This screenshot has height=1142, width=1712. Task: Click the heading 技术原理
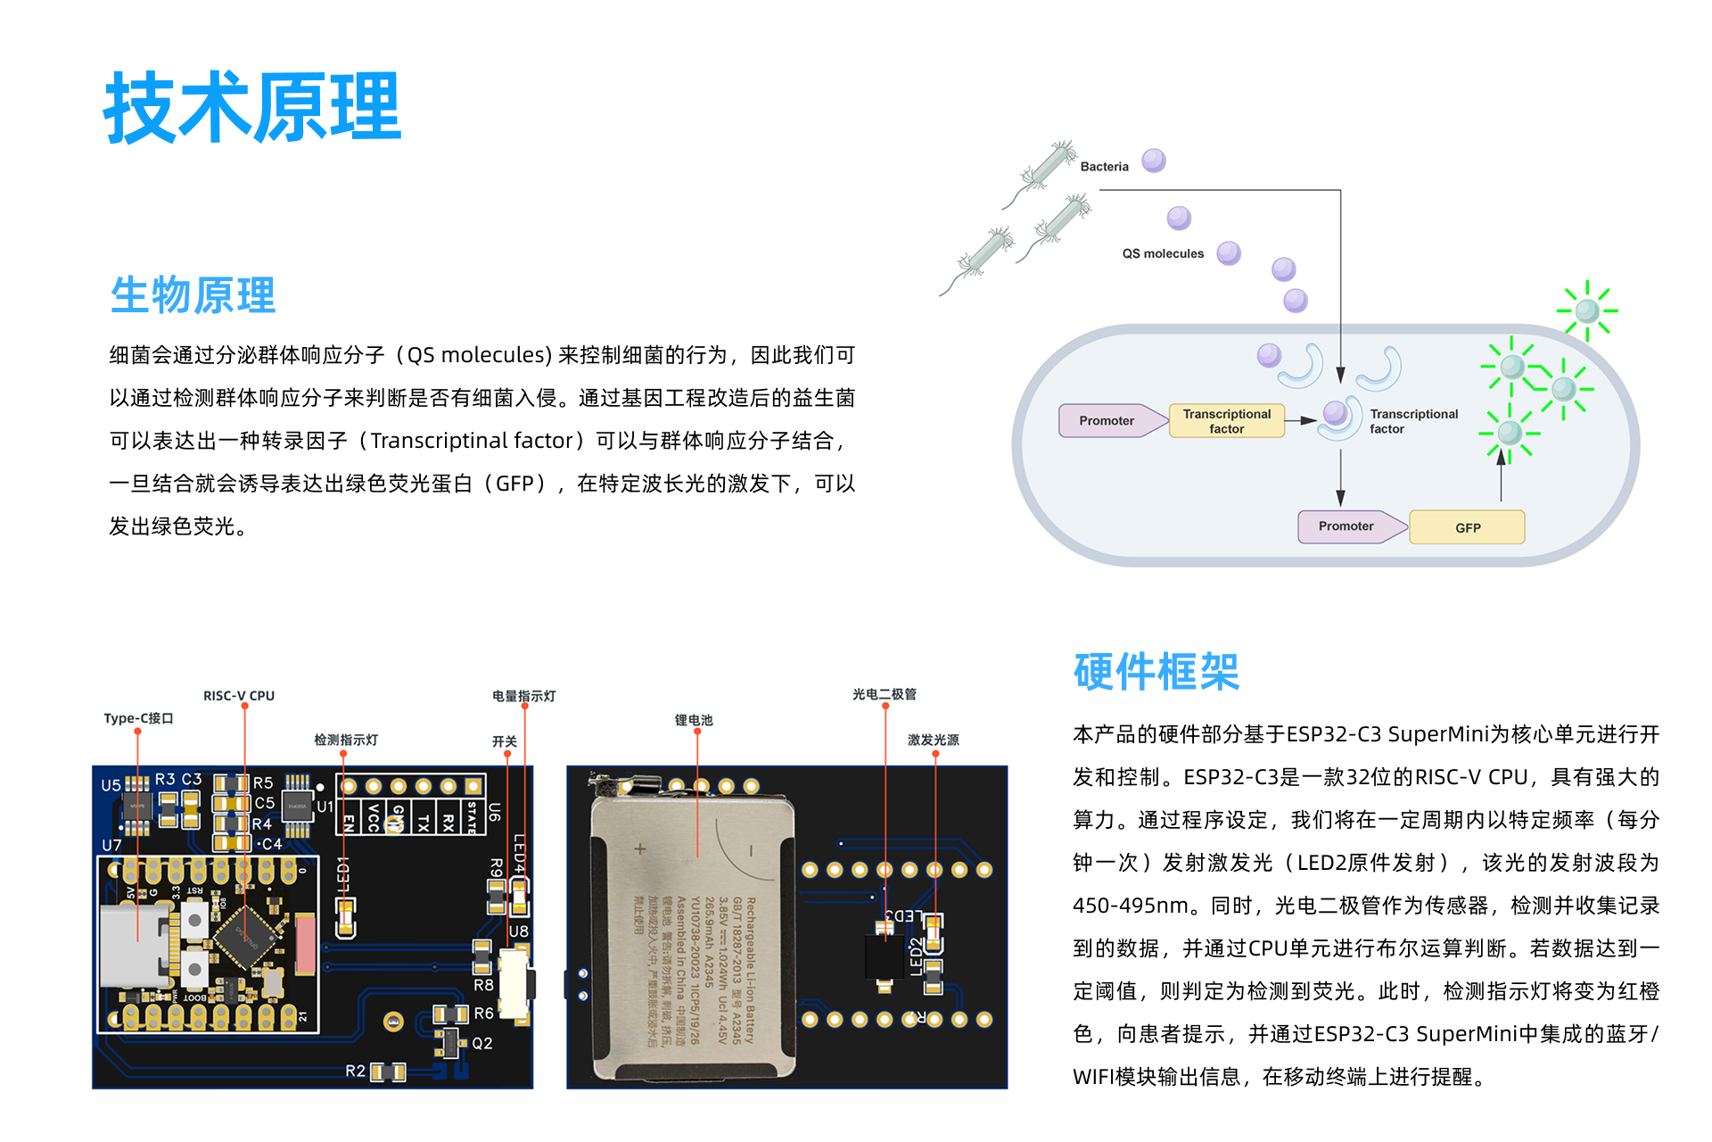pyautogui.click(x=253, y=108)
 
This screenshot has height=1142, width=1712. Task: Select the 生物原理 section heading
pyautogui.click(x=193, y=295)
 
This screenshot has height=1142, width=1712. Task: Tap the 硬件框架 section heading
pyautogui.click(x=1156, y=672)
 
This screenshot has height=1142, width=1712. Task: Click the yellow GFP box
pyautogui.click(x=1468, y=527)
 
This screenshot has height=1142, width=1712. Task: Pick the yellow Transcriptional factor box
pyautogui.click(x=1226, y=421)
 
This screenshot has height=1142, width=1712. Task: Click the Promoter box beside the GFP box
pyautogui.click(x=1346, y=526)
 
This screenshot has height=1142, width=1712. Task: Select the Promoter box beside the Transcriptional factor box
pyautogui.click(x=1107, y=421)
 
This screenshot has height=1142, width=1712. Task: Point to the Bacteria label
pyautogui.click(x=1104, y=167)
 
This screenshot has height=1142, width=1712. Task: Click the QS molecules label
pyautogui.click(x=1163, y=253)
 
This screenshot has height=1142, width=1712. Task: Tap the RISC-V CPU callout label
pyautogui.click(x=239, y=696)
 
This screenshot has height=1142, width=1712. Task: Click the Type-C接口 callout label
pyautogui.click(x=138, y=718)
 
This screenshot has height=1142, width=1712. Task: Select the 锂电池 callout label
pyautogui.click(x=694, y=720)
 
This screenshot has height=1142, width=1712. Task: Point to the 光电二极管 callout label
pyautogui.click(x=884, y=694)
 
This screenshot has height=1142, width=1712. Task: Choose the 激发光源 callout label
pyautogui.click(x=934, y=740)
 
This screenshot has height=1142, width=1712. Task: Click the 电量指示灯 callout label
pyautogui.click(x=524, y=696)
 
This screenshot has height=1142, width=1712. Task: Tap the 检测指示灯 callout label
pyautogui.click(x=346, y=740)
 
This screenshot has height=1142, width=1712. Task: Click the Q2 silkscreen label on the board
pyautogui.click(x=482, y=1043)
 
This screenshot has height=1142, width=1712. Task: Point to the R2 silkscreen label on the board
pyautogui.click(x=355, y=1071)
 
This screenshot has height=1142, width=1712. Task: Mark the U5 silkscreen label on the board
pyautogui.click(x=111, y=785)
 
